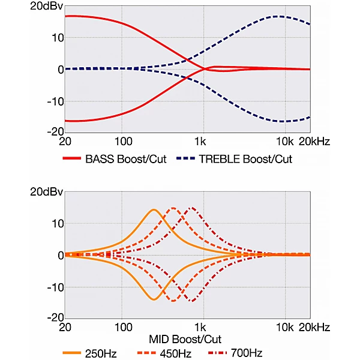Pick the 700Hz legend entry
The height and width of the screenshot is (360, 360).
coord(247,353)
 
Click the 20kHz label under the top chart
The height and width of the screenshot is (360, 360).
coord(313,142)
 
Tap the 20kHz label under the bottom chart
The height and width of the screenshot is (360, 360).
coord(313,328)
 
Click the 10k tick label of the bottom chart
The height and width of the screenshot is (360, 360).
coord(284,328)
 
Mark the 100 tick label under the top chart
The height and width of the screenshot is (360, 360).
coord(122,142)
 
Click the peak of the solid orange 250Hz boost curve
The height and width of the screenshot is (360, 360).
coord(154,209)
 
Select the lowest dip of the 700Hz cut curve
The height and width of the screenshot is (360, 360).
coord(191,301)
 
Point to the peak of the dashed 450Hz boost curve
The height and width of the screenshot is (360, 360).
coord(173,208)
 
